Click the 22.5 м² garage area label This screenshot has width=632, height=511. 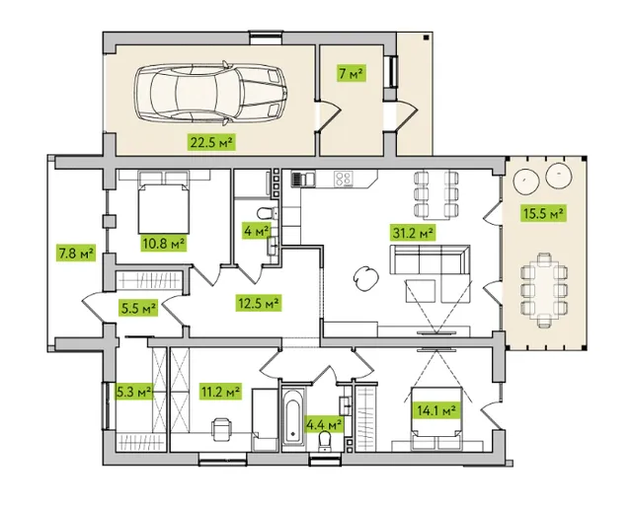(x=211, y=142)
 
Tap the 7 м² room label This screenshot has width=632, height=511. (x=352, y=74)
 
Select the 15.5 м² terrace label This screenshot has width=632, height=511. (x=543, y=213)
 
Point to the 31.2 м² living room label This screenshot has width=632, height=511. (x=413, y=233)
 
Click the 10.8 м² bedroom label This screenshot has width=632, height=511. (x=164, y=244)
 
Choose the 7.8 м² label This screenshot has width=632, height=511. (x=76, y=254)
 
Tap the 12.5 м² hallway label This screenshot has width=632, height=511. (x=259, y=303)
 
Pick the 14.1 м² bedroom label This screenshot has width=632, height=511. (x=436, y=410)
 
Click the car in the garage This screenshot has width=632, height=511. (x=210, y=93)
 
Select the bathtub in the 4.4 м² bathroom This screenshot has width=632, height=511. (x=293, y=416)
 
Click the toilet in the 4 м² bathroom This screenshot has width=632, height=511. (x=268, y=213)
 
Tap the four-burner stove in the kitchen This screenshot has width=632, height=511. (x=344, y=179)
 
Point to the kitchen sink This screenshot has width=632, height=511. (x=303, y=179)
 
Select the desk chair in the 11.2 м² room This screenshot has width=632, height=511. (x=221, y=429)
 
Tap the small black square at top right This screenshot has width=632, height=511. (x=426, y=37)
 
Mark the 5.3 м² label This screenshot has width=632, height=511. (x=134, y=392)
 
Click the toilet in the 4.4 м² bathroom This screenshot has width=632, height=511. (x=325, y=441)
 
